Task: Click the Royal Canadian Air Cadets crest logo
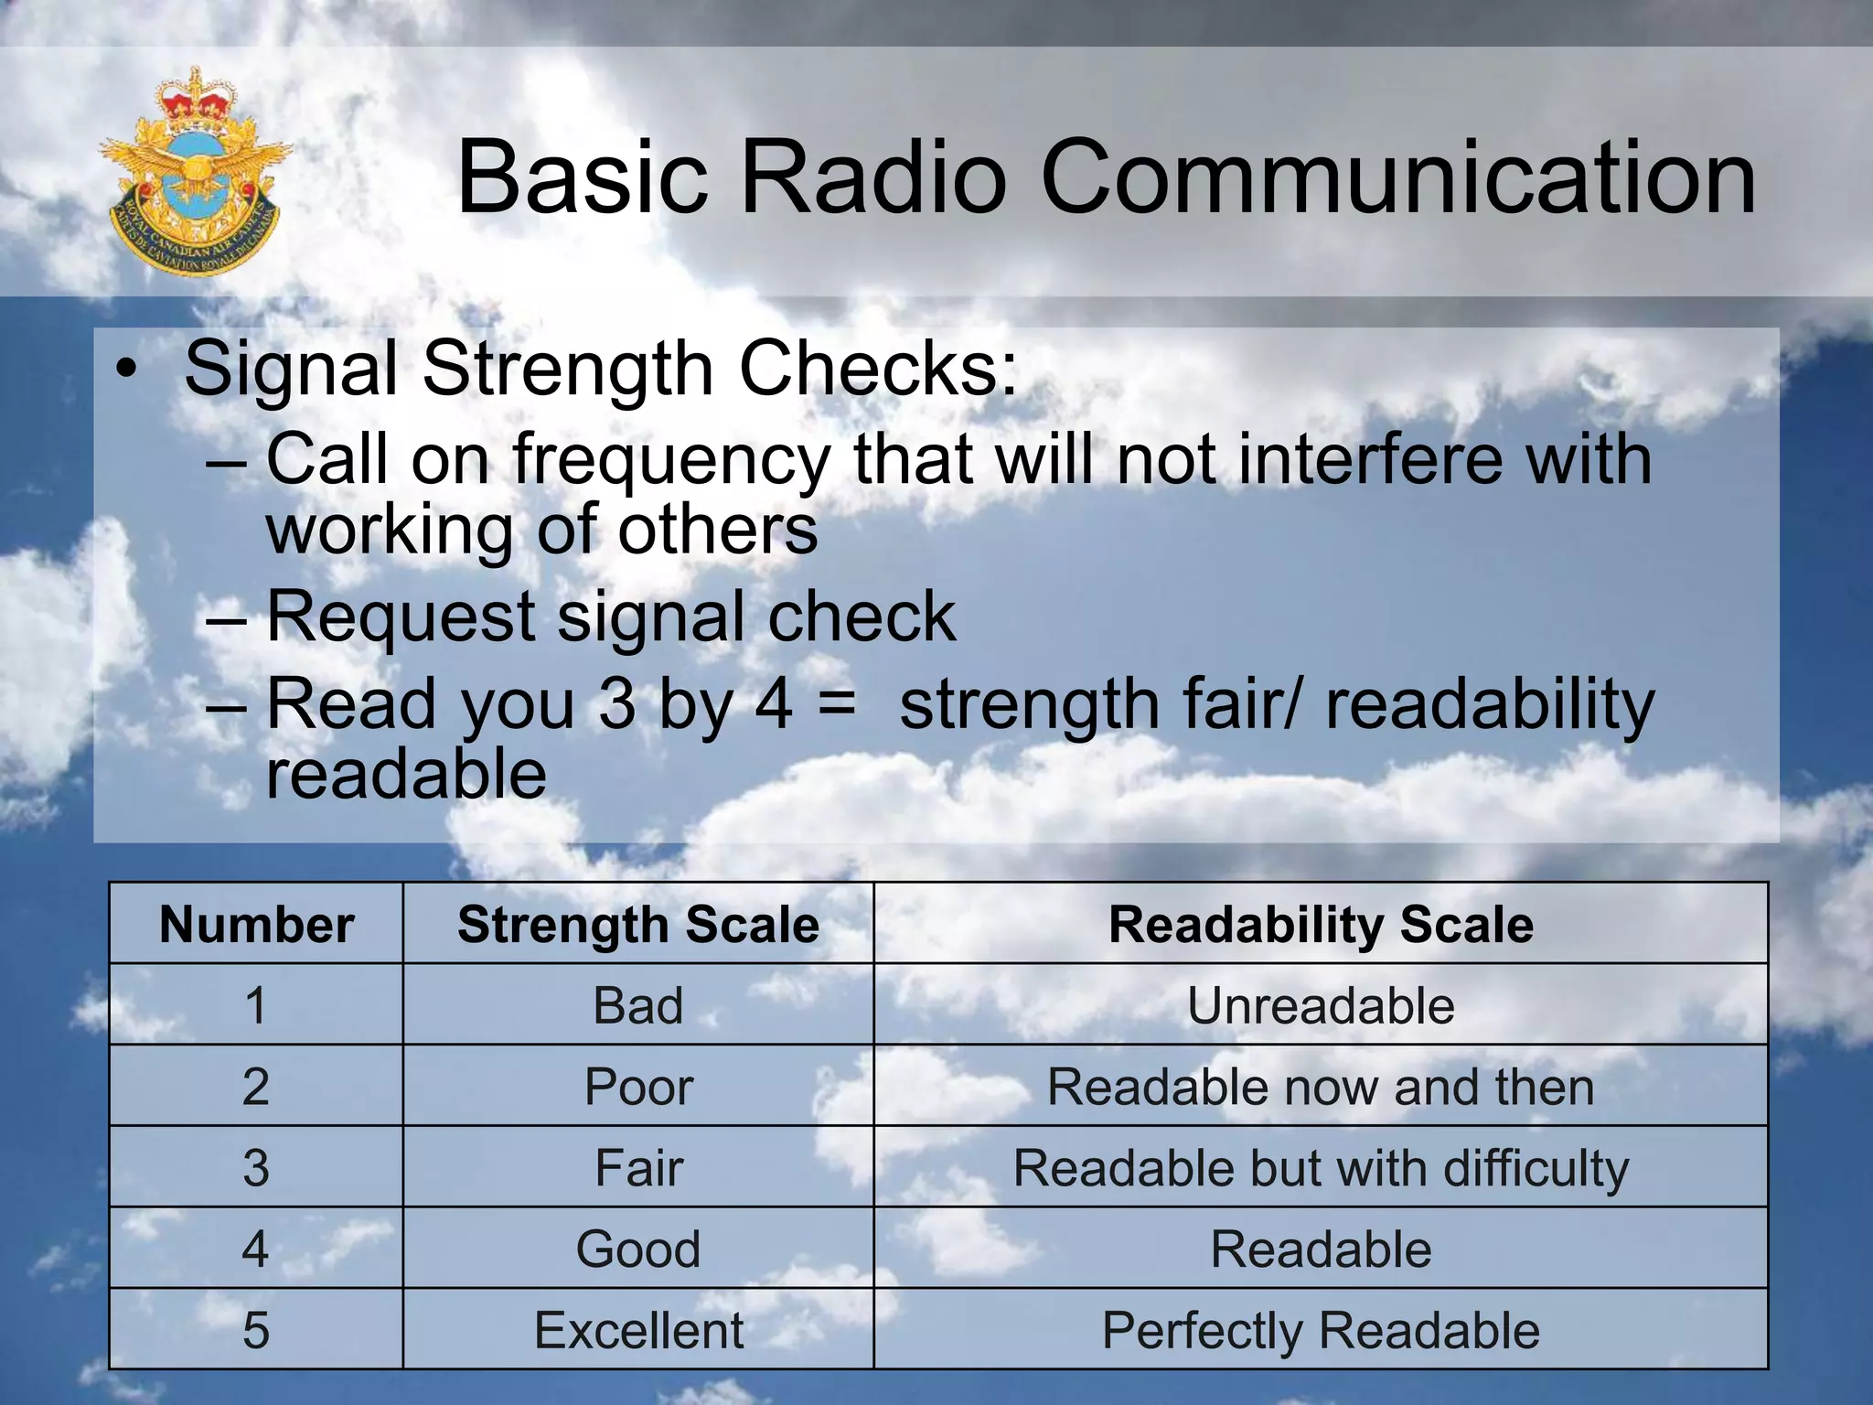[194, 172]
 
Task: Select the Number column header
[256, 924]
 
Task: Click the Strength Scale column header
[638, 924]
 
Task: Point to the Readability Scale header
[1321, 924]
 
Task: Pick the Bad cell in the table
[638, 1005]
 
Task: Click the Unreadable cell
[1321, 1005]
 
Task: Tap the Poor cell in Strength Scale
[638, 1087]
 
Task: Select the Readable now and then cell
[1321, 1087]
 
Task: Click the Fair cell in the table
[638, 1168]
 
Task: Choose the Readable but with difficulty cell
[1321, 1168]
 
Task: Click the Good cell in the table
[638, 1249]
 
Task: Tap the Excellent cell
[638, 1330]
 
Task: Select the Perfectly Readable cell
[1321, 1330]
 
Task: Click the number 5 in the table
[256, 1330]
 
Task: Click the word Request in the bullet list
[401, 617]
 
